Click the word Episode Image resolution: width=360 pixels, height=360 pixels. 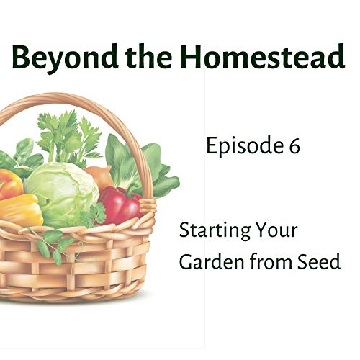[x=241, y=148]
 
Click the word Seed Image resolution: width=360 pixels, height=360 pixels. [x=320, y=262]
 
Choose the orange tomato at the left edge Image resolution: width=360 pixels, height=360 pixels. [x=9, y=183]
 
